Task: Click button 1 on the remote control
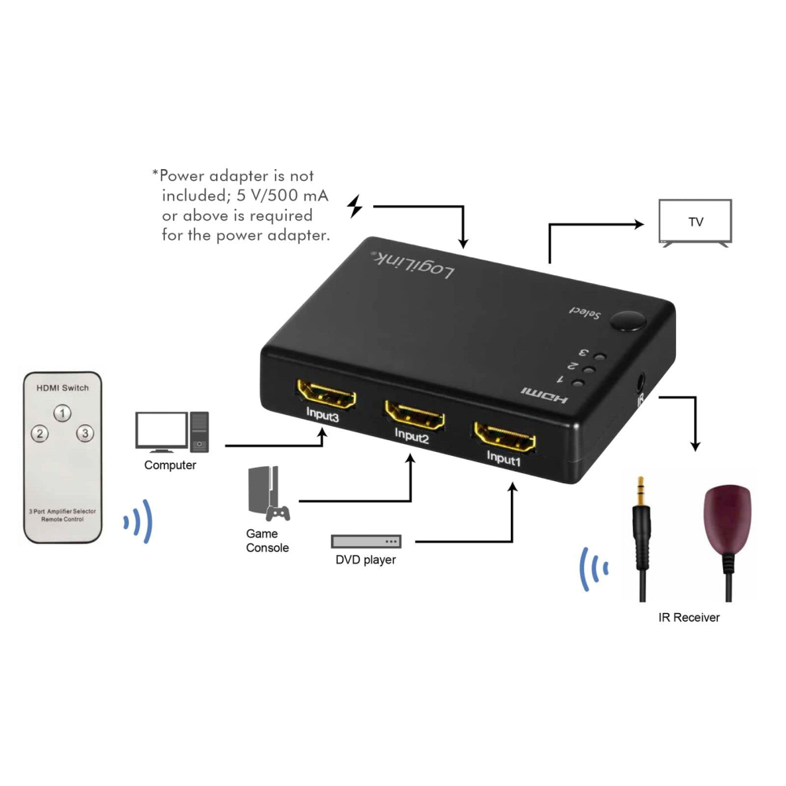pos(63,413)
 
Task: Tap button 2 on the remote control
pos(40,434)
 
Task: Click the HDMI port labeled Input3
pos(326,394)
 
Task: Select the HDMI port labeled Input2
pos(414,414)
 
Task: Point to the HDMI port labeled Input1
pos(505,436)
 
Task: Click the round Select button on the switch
pos(627,321)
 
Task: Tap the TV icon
pos(696,223)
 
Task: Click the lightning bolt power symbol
pos(355,206)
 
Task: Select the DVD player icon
pos(366,542)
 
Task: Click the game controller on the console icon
pos(277,513)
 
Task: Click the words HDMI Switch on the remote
pos(63,388)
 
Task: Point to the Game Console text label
pos(267,541)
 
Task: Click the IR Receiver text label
pos(689,618)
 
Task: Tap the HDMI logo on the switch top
pos(545,395)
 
